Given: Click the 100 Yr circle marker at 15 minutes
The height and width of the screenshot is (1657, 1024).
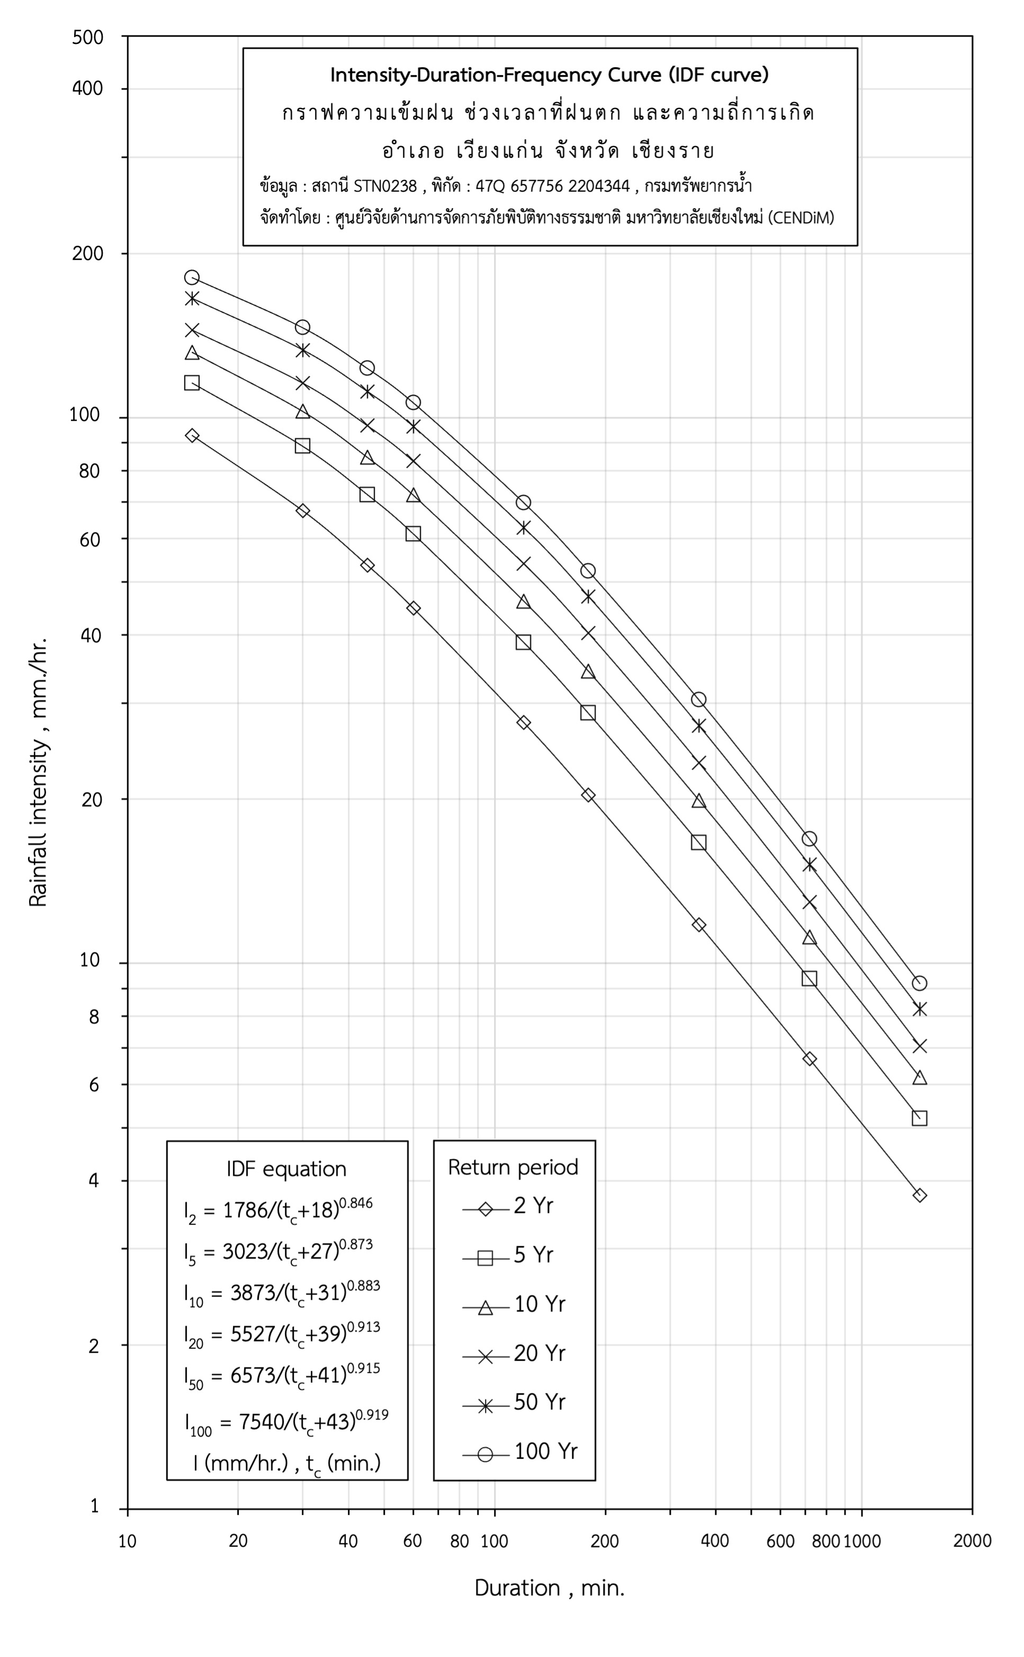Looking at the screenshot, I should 192,277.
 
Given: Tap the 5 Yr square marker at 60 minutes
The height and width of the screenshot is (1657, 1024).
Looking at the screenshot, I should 413,534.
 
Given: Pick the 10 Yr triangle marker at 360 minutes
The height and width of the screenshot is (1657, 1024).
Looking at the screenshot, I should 698,801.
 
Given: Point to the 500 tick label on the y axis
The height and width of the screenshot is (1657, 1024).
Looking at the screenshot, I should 88,37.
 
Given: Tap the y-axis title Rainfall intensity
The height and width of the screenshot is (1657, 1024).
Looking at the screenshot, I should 38,772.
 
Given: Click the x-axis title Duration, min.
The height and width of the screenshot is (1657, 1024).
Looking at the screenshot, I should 549,1588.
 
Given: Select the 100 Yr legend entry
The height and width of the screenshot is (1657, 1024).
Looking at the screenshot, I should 520,1451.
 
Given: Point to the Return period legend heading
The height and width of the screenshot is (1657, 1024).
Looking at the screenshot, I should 514,1167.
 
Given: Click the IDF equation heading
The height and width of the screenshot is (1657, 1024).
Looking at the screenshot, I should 286,1169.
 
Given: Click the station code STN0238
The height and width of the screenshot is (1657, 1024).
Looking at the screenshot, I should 385,185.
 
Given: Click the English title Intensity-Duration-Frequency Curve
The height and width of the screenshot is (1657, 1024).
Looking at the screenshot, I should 549,75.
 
